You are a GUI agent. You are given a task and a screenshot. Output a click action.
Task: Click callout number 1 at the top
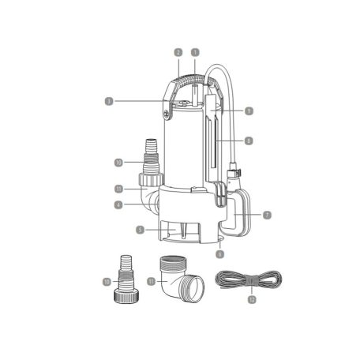point(195,52)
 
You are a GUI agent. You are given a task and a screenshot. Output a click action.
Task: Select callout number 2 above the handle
point(179,52)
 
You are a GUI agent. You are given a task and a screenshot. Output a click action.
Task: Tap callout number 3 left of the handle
point(108,100)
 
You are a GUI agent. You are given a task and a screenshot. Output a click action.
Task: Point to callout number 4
point(117,205)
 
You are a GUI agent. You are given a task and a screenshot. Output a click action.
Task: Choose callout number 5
point(117,231)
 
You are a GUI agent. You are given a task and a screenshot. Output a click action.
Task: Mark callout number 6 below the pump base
point(220,254)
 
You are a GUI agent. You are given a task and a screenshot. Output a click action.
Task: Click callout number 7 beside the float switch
point(268,214)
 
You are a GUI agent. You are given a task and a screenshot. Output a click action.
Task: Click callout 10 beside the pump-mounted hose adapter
point(117,163)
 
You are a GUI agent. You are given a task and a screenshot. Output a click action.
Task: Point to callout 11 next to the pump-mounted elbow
point(117,189)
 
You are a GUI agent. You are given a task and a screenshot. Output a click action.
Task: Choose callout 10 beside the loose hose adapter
point(107,281)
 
